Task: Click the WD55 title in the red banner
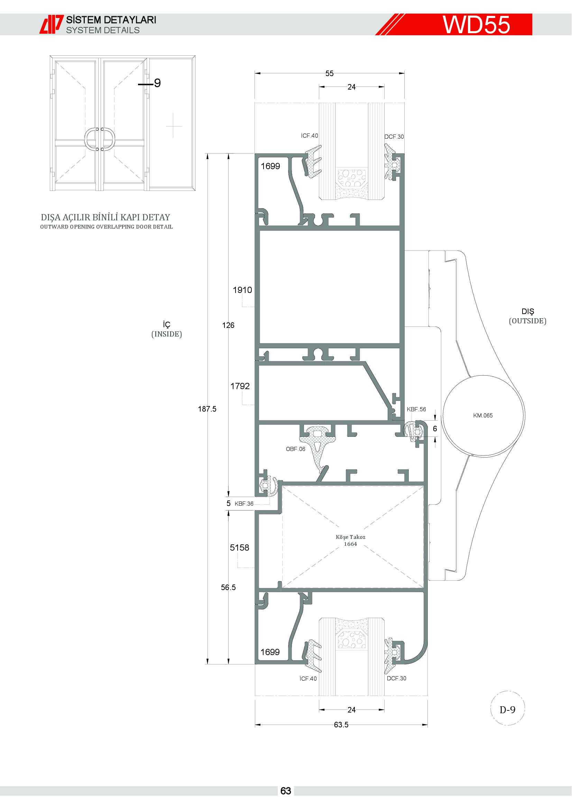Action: click(x=476, y=25)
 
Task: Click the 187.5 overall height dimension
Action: click(x=207, y=409)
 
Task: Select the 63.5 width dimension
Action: click(x=341, y=725)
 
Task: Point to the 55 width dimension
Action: click(x=329, y=73)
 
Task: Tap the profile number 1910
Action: click(x=242, y=290)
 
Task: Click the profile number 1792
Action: click(x=240, y=386)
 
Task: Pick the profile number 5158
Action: click(x=240, y=548)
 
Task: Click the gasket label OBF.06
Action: click(x=295, y=449)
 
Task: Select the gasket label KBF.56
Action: click(x=416, y=409)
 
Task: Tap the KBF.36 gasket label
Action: click(x=244, y=504)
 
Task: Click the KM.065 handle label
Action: click(x=483, y=415)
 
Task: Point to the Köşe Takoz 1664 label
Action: click(x=350, y=540)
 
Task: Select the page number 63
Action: click(x=286, y=791)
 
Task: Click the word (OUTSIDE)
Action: click(x=528, y=321)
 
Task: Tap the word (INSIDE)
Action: click(x=167, y=334)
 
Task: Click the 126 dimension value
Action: click(x=228, y=325)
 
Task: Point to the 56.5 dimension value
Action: click(x=228, y=587)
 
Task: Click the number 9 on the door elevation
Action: click(x=157, y=83)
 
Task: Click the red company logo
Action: click(x=52, y=24)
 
